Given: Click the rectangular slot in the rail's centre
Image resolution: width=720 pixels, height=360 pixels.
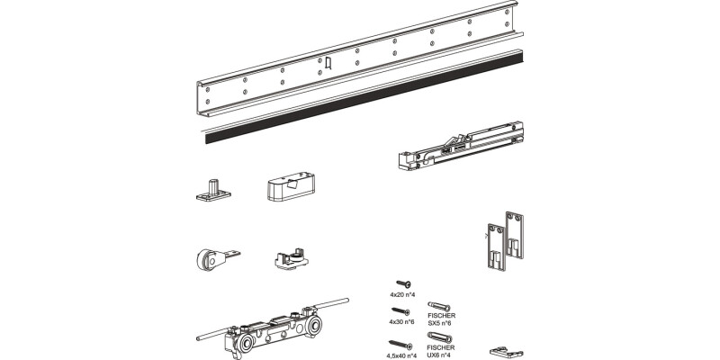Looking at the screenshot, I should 329,62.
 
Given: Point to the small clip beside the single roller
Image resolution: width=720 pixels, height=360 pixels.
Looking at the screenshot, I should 289,258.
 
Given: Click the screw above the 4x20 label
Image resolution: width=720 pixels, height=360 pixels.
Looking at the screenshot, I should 402,284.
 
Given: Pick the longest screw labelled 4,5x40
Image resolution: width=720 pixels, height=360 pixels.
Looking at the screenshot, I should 400,343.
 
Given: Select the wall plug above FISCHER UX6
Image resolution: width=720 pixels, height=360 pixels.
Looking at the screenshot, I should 442,337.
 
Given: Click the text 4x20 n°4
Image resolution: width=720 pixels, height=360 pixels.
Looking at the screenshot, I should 402,295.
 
